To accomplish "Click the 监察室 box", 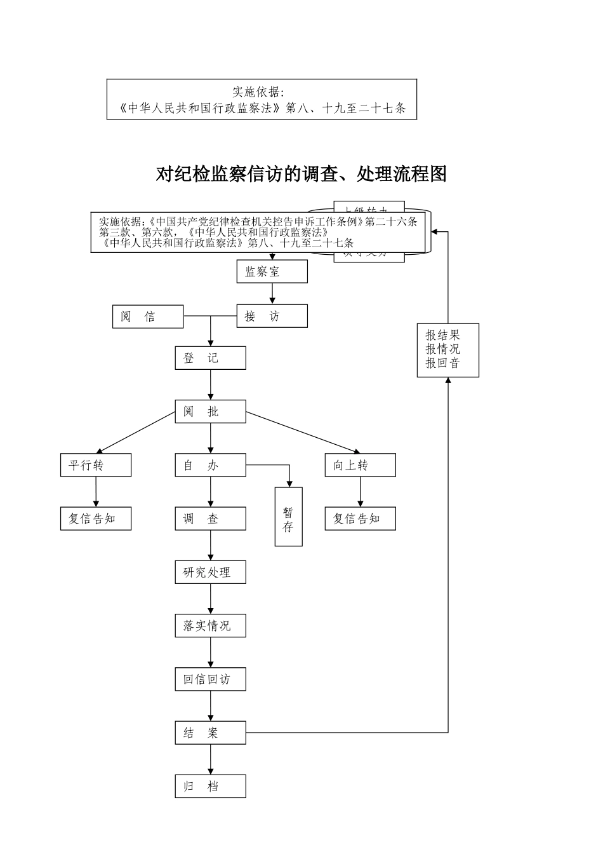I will click(x=272, y=272).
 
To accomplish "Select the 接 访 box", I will click(x=272, y=316).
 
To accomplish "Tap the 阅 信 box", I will click(x=148, y=316).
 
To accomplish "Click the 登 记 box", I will click(x=210, y=358).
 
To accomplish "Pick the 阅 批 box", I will click(x=210, y=412).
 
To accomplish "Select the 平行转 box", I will click(x=96, y=465).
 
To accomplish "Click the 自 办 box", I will click(x=210, y=465).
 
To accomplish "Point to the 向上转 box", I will click(x=360, y=465).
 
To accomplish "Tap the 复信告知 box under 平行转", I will click(x=96, y=518).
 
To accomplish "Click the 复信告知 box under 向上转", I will click(x=360, y=518).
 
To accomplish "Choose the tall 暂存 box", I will click(x=288, y=517).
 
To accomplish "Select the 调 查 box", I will click(x=210, y=518).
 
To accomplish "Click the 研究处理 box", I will click(x=210, y=572).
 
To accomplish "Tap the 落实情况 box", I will click(x=210, y=626).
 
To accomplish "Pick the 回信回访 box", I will click(x=210, y=679).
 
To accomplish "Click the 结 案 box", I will click(x=210, y=733).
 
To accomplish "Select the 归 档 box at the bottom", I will click(x=210, y=786).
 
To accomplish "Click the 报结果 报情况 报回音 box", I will click(x=447, y=350).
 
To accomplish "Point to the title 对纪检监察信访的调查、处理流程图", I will click(x=301, y=173).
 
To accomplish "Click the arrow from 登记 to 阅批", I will click(x=211, y=385).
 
